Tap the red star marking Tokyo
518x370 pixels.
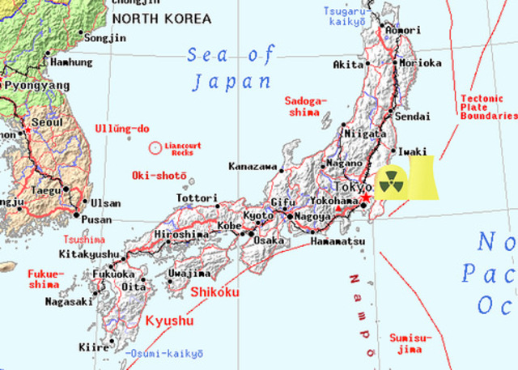coord(365,198)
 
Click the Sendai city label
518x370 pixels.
coord(413,117)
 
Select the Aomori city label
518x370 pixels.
coord(402,30)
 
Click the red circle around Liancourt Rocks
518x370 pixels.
coord(155,148)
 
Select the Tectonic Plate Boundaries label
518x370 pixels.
coord(487,107)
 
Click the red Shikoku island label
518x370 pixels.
coord(215,291)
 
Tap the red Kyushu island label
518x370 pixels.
coord(169,321)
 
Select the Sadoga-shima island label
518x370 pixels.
coord(305,107)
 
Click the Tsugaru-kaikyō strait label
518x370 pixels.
coord(348,16)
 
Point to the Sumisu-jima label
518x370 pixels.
coord(410,342)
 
